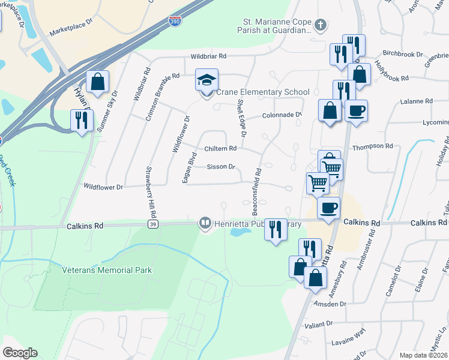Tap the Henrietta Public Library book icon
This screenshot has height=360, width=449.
205,224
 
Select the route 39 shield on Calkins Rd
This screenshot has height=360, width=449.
153,224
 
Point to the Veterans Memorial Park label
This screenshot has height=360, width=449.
107,270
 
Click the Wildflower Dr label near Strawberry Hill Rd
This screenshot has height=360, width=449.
103,187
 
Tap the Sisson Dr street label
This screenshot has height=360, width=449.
220,167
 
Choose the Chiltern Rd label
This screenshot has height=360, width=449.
221,148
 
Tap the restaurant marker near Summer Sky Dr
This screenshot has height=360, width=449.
81,120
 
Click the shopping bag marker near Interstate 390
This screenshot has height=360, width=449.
97,82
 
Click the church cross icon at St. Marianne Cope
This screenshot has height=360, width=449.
321,25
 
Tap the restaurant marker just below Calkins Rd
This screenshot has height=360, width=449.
276,229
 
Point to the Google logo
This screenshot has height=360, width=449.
20,352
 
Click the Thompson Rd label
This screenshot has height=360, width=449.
372,146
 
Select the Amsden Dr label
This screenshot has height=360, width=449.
330,304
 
